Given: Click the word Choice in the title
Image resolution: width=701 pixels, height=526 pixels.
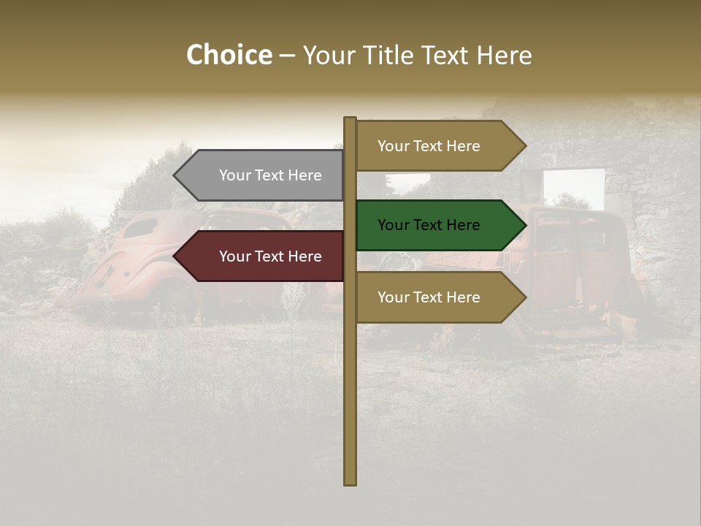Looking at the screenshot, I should pyautogui.click(x=229, y=56).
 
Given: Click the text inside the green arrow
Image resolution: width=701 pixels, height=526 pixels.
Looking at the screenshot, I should pyautogui.click(x=429, y=225).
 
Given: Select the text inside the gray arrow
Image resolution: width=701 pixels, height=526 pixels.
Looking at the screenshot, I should pyautogui.click(x=270, y=175).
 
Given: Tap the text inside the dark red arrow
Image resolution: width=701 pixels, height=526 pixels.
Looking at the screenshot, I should pyautogui.click(x=270, y=256).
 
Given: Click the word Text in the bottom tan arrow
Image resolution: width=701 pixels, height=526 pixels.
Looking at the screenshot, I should pyautogui.click(x=428, y=297).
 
